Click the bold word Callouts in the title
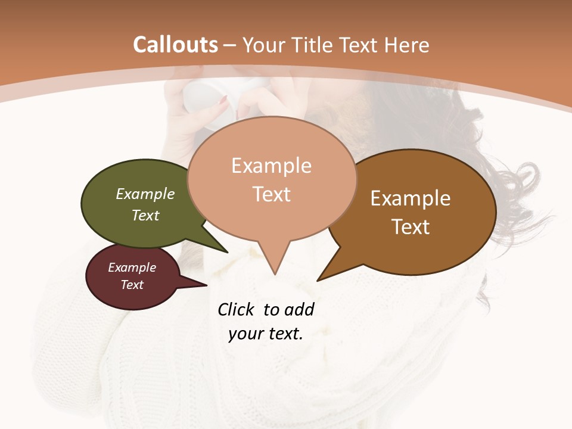pos(176,45)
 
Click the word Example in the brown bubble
pos(411,198)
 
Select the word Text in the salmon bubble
pos(272,194)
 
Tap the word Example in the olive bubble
pos(145,194)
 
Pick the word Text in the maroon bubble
pos(132,285)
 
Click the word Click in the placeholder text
pos(237,309)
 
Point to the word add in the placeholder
pos(299,309)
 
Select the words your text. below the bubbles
pos(266,334)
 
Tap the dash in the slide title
pos(230,45)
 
